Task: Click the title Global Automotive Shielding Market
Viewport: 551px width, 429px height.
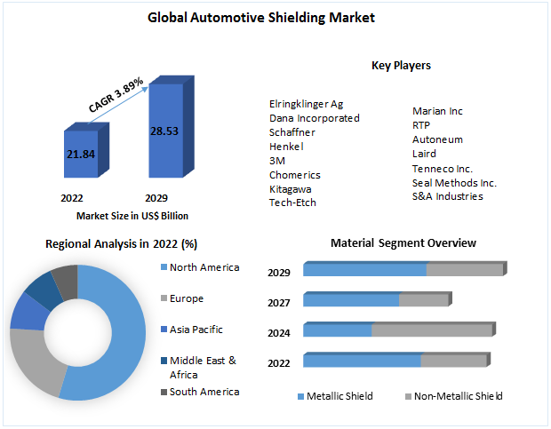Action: [x=275, y=17]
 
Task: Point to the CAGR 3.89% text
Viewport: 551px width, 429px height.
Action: [x=116, y=94]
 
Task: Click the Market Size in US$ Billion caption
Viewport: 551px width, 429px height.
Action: [x=132, y=215]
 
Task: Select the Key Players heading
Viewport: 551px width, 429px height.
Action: [x=401, y=66]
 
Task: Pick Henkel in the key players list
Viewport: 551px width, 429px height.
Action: [x=286, y=146]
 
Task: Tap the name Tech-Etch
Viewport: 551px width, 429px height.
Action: [x=292, y=203]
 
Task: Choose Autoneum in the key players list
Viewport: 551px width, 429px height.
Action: [x=437, y=139]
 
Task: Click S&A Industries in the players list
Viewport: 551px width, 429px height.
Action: [x=447, y=196]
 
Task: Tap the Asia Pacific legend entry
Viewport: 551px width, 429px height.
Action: [x=196, y=330]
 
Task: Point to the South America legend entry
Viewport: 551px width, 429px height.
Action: [x=204, y=392]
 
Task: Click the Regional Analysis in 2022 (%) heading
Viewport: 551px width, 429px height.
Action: [x=121, y=243]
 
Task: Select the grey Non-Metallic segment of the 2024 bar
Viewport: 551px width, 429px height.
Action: [x=431, y=330]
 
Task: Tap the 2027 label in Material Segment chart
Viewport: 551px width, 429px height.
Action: [x=279, y=303]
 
